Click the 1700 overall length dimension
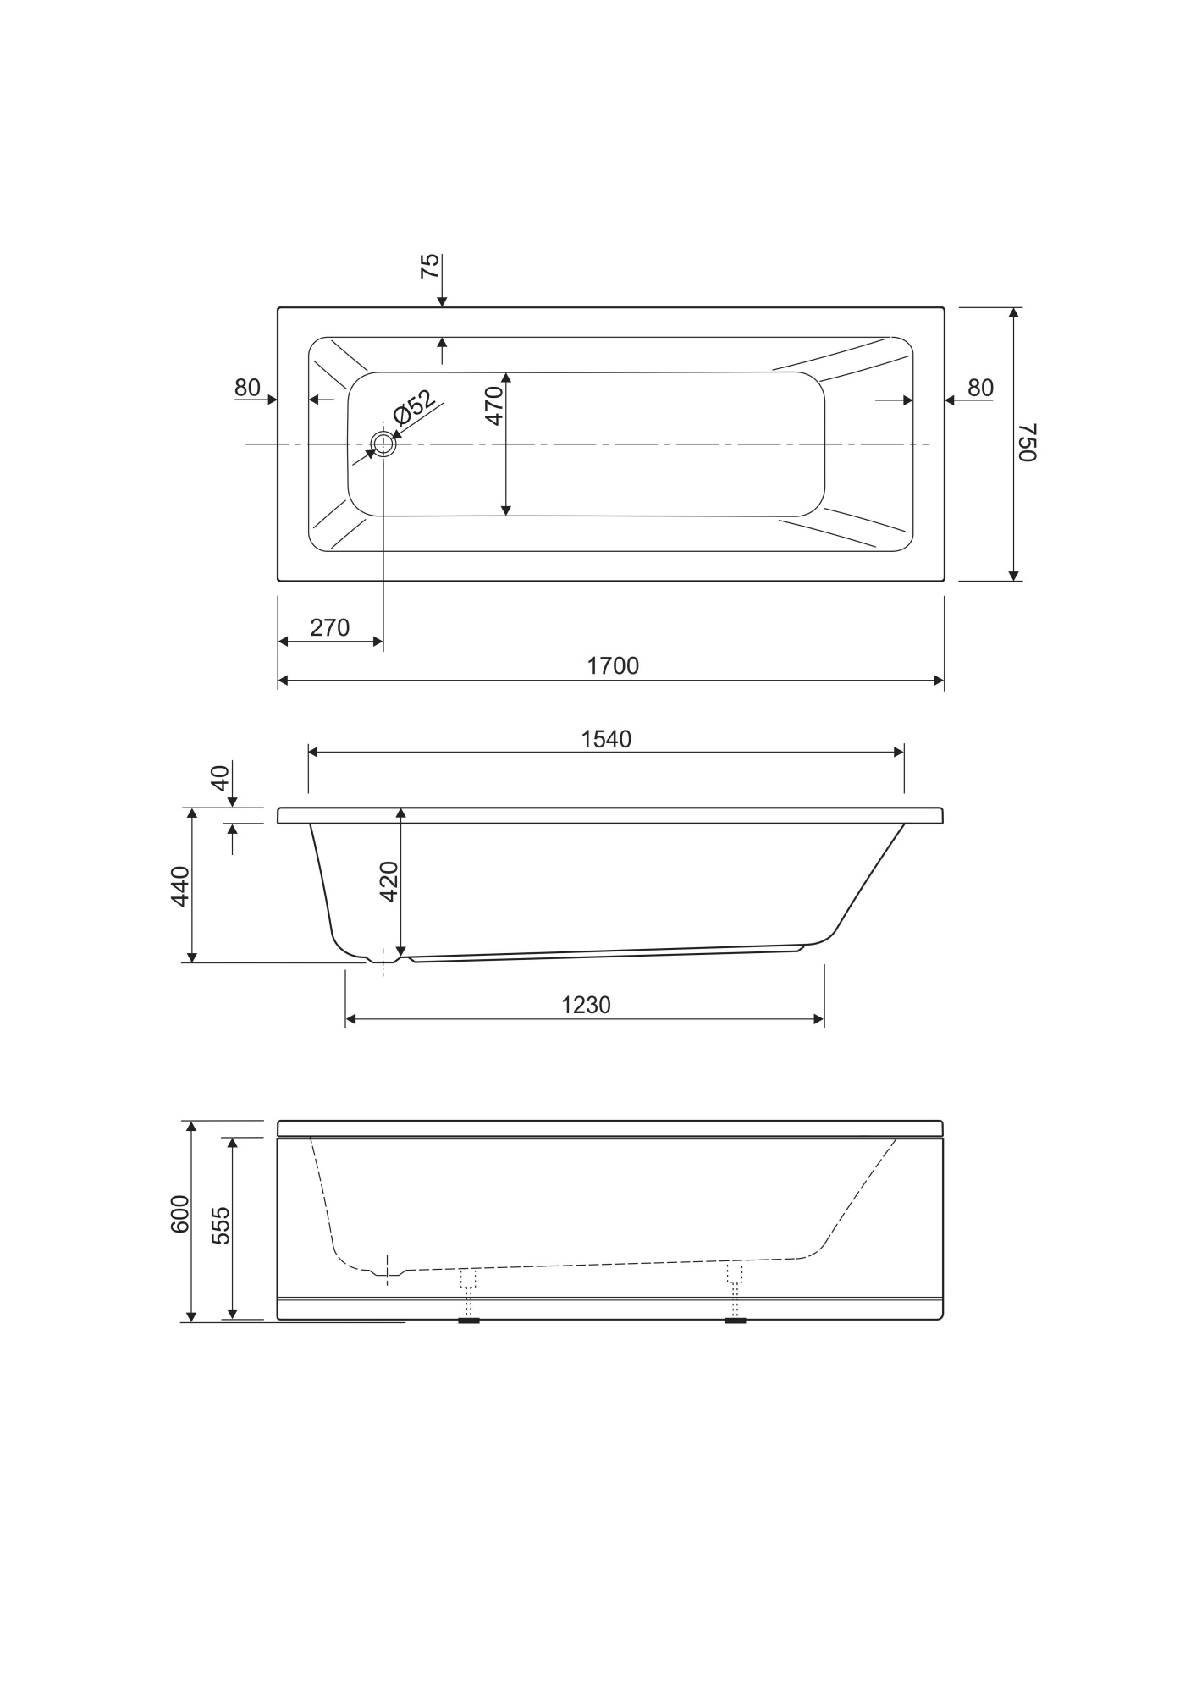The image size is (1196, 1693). [x=613, y=666]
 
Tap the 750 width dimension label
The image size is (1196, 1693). [x=1026, y=444]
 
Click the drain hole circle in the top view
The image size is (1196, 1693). [x=383, y=444]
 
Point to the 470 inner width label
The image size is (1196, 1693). [x=495, y=404]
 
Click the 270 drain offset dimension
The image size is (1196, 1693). [x=330, y=628]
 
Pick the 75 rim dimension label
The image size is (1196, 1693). [x=431, y=267]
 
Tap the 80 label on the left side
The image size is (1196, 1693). [x=247, y=388]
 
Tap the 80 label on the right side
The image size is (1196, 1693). [x=980, y=388]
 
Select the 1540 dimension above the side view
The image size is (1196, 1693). [x=606, y=740]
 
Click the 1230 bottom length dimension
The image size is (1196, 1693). [x=586, y=1006]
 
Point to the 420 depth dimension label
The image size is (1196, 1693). [x=389, y=881]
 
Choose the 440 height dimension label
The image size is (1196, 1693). [x=181, y=886]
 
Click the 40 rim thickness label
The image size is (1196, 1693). [x=221, y=777]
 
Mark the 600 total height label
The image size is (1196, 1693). [x=180, y=1214]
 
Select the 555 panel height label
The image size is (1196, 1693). [x=221, y=1225]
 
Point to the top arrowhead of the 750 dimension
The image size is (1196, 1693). [x=1014, y=313]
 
